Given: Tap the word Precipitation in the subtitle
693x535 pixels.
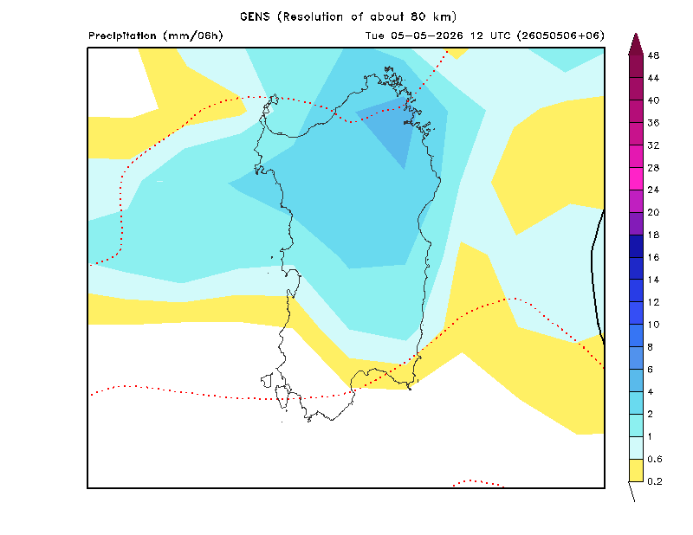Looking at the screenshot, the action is coord(122,35).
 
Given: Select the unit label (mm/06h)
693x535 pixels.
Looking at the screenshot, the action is coord(193,35).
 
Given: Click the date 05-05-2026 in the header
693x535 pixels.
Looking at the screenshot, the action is coord(426,35).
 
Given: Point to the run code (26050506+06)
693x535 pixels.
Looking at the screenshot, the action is coord(560,35).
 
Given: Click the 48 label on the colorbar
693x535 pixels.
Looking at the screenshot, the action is coord(653,55).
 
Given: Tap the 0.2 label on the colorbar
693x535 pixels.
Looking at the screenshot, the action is coord(655,481).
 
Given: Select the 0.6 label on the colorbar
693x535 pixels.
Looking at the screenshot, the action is coord(655,459).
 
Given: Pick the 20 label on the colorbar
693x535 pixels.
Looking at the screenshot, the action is coord(653,212).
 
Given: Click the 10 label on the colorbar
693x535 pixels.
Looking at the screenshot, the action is coord(653,325).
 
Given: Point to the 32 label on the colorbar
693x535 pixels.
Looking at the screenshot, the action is coord(653,145).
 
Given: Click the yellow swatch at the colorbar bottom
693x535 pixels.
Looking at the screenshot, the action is coord(636,470).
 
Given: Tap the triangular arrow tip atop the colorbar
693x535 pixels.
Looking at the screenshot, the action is coord(636,34).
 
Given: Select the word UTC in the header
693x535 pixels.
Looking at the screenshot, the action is coord(501,35).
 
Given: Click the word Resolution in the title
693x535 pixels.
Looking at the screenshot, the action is coord(313,16).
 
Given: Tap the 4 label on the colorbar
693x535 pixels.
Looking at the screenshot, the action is coord(651,392).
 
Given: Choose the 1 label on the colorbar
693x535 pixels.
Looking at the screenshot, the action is coord(651,436).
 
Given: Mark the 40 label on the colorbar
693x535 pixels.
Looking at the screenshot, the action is coord(653,100).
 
